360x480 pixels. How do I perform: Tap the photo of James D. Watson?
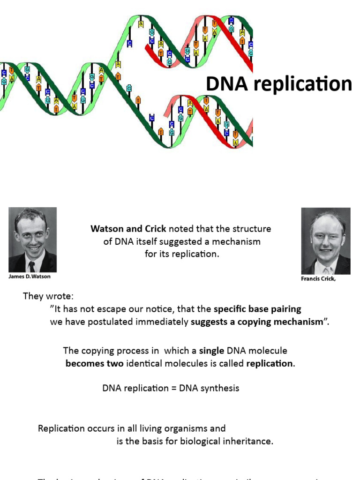tap(32, 240)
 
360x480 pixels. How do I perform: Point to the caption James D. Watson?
tap(29, 277)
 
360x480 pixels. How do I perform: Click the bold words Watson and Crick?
tap(128, 229)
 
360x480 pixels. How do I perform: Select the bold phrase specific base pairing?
tap(257, 309)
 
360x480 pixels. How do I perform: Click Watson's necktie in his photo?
tap(31, 266)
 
